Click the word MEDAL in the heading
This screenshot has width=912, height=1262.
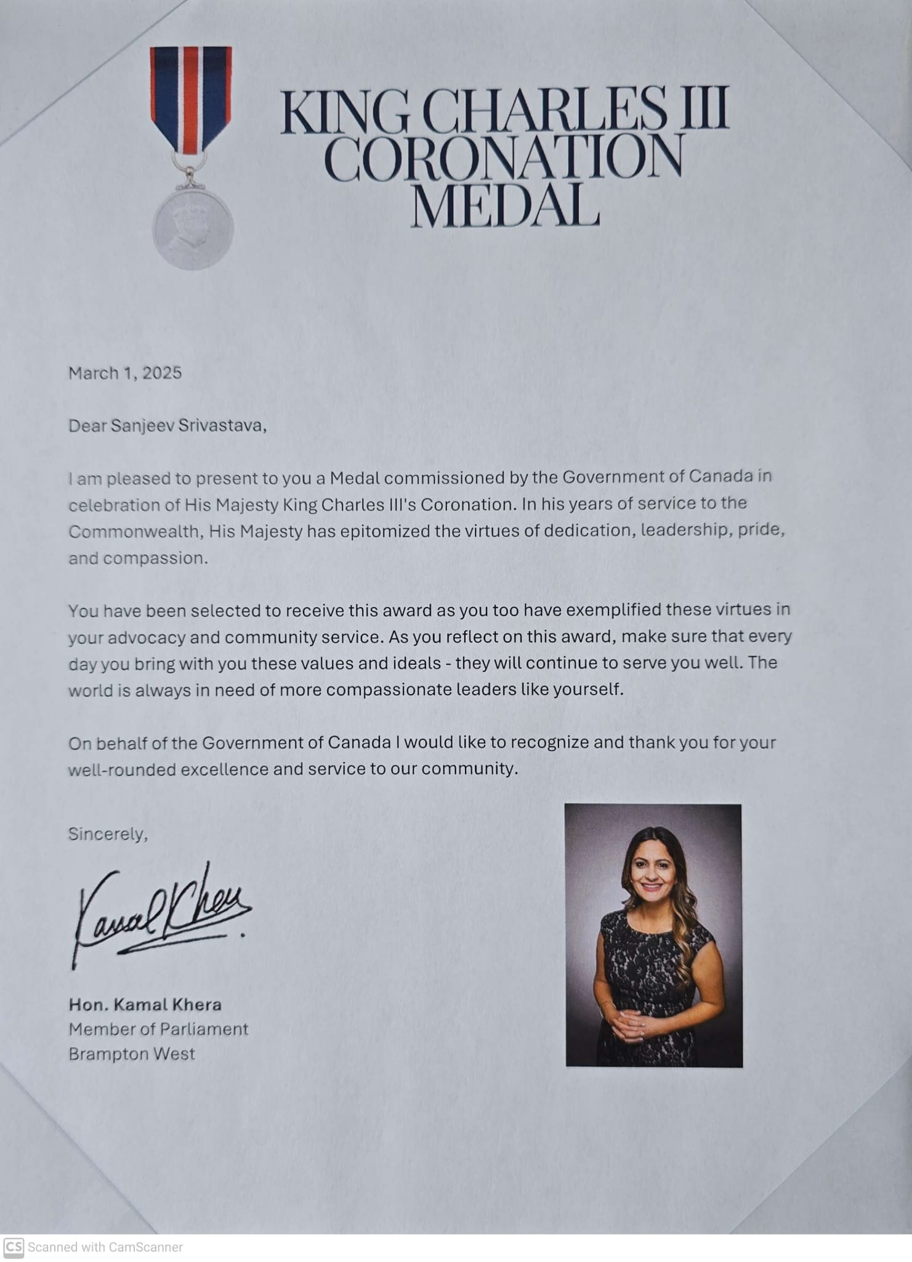504,203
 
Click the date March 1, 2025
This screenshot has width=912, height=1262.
125,373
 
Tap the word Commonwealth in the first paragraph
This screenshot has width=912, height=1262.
135,532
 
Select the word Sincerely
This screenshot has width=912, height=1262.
107,834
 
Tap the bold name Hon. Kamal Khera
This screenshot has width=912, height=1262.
145,1004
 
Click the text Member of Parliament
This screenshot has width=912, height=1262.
158,1029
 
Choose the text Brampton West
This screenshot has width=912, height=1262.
132,1054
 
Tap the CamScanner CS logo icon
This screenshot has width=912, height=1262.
14,1247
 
